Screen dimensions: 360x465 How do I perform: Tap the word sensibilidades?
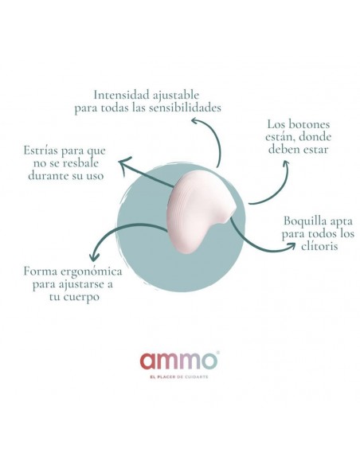[x=185, y=107]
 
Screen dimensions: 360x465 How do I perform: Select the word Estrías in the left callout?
[x=41, y=150]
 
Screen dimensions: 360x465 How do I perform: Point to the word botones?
[x=308, y=124]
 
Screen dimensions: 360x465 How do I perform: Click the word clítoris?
[x=319, y=246]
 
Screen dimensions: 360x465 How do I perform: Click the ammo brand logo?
[x=179, y=361]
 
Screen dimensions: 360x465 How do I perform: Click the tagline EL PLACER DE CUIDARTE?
[x=179, y=377]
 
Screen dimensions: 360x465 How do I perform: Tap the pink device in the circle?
[x=199, y=217]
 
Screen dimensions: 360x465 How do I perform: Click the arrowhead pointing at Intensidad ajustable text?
[x=195, y=121]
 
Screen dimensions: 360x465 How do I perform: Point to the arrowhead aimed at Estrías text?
[x=124, y=162]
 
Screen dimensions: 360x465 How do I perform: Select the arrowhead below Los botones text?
[x=285, y=165]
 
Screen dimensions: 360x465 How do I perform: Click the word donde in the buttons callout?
[x=315, y=137]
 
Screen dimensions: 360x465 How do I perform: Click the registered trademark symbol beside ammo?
[x=218, y=352]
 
